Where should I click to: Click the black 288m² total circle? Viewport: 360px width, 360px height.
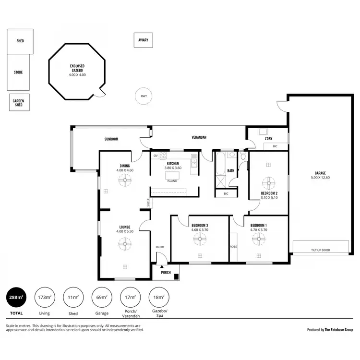pos(15,298)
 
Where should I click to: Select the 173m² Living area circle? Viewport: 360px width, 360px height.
pos(44,298)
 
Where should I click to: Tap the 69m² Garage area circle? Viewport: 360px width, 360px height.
pos(102,298)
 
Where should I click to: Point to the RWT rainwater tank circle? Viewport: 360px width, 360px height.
pos(144,96)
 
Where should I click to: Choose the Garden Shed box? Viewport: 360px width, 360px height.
pos(19,102)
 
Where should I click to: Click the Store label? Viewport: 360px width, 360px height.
pos(18,72)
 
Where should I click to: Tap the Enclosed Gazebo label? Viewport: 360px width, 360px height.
pos(77,70)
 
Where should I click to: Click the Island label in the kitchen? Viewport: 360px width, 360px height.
pos(172,181)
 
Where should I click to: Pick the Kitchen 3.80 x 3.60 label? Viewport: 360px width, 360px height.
pos(173,166)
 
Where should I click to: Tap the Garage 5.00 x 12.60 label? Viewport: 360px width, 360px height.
pos(320,175)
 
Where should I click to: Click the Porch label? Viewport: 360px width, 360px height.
pos(166,272)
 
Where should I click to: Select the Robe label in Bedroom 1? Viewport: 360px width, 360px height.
pos(234,246)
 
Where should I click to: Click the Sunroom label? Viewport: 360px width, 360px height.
pos(111,139)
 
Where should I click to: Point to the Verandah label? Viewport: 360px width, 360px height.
pos(199,137)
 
